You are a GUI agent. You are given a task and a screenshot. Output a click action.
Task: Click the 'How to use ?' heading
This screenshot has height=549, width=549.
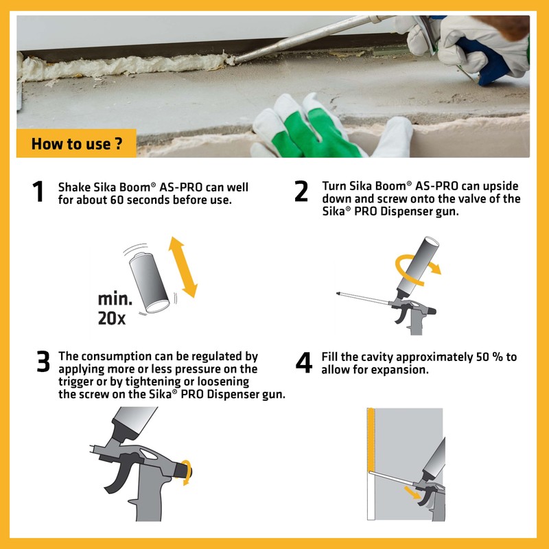[x=77, y=143]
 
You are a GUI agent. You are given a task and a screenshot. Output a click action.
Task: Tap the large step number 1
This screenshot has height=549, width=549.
[x=38, y=191]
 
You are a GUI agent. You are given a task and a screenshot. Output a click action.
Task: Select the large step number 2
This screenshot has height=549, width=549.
[x=301, y=191]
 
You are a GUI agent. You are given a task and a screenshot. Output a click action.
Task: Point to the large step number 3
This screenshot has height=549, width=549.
[x=43, y=361]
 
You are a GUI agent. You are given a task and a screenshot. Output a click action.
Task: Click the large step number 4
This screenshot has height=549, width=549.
[x=303, y=362]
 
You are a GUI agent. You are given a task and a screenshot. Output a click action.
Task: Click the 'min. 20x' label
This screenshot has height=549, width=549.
[x=115, y=308]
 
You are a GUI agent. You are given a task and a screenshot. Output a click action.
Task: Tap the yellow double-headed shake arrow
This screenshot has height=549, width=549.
[x=183, y=267]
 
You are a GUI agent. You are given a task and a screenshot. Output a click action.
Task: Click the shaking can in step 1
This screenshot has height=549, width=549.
[x=150, y=282]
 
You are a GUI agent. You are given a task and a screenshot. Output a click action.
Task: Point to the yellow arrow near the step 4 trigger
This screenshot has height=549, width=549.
[x=412, y=492]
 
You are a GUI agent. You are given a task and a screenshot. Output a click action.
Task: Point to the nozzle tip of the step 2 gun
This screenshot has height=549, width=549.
[x=338, y=294]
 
